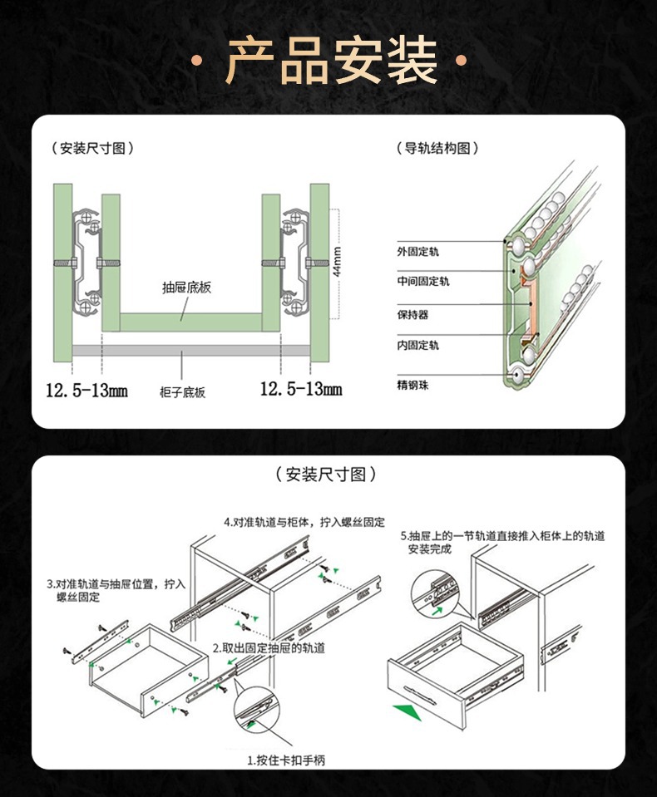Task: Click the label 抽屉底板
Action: pyautogui.click(x=186, y=288)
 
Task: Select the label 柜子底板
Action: pyautogui.click(x=182, y=392)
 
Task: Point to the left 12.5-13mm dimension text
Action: pyautogui.click(x=87, y=389)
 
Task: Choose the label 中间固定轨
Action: pyautogui.click(x=422, y=282)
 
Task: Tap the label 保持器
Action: pyautogui.click(x=412, y=315)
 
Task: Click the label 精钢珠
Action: pyautogui.click(x=412, y=386)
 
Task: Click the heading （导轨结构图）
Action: pyautogui.click(x=439, y=149)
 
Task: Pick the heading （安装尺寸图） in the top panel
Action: pyautogui.click(x=92, y=149)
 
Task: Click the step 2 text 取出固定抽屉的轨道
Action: pyautogui.click(x=269, y=647)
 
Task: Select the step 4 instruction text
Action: pyautogui.click(x=304, y=522)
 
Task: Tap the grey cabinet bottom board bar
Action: pyautogui.click(x=190, y=352)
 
